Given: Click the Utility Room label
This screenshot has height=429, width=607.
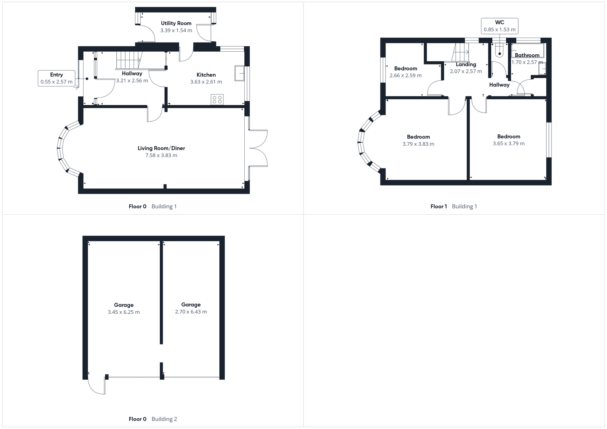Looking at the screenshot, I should pos(176,23).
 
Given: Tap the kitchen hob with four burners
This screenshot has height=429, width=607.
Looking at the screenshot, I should pos(217,99).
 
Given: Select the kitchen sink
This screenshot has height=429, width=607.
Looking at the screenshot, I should pos(239,73).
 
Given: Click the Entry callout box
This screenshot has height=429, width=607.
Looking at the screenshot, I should pos(56,78).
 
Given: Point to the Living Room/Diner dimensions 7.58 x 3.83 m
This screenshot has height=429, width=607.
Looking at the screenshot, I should pos(161,155).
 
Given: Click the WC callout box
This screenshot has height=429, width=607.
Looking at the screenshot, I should pos(499,26).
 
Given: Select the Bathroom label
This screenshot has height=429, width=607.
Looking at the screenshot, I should pos(527,55).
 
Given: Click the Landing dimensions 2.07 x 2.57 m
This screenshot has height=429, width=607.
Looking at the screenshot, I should pos(466,71).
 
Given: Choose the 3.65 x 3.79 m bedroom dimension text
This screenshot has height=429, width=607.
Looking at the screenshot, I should pos(508,143).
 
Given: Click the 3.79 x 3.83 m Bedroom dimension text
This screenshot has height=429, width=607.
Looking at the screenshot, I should pos(418,144).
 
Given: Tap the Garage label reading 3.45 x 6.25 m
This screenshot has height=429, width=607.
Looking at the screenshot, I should pos(124,305).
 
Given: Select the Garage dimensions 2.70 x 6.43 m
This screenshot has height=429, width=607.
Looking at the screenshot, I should pos(191,312).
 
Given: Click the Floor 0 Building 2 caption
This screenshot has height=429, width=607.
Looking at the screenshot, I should pos(153,419).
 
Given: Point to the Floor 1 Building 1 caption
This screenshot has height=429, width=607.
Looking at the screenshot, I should pos(453,206).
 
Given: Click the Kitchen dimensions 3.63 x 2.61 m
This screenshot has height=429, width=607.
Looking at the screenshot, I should pos(206,82).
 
